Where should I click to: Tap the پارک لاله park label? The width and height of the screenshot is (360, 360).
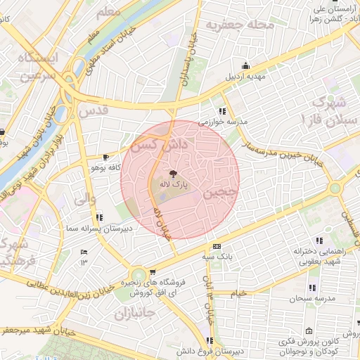pyautogui.click(x=172, y=184)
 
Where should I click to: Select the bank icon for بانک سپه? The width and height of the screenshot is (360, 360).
pyautogui.click(x=217, y=246)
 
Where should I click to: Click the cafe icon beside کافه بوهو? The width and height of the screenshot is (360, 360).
pyautogui.click(x=105, y=157)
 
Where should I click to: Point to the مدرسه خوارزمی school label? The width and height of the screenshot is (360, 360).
pyautogui.click(x=223, y=122)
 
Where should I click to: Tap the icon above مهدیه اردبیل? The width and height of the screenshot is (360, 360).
pyautogui.click(x=245, y=65)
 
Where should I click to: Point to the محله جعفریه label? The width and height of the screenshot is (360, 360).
pyautogui.click(x=238, y=26)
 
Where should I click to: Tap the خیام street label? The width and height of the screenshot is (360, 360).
pyautogui.click(x=240, y=292)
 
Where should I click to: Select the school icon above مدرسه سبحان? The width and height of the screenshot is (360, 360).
pyautogui.click(x=313, y=287)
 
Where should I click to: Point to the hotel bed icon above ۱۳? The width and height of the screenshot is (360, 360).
pyautogui.click(x=84, y=252)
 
